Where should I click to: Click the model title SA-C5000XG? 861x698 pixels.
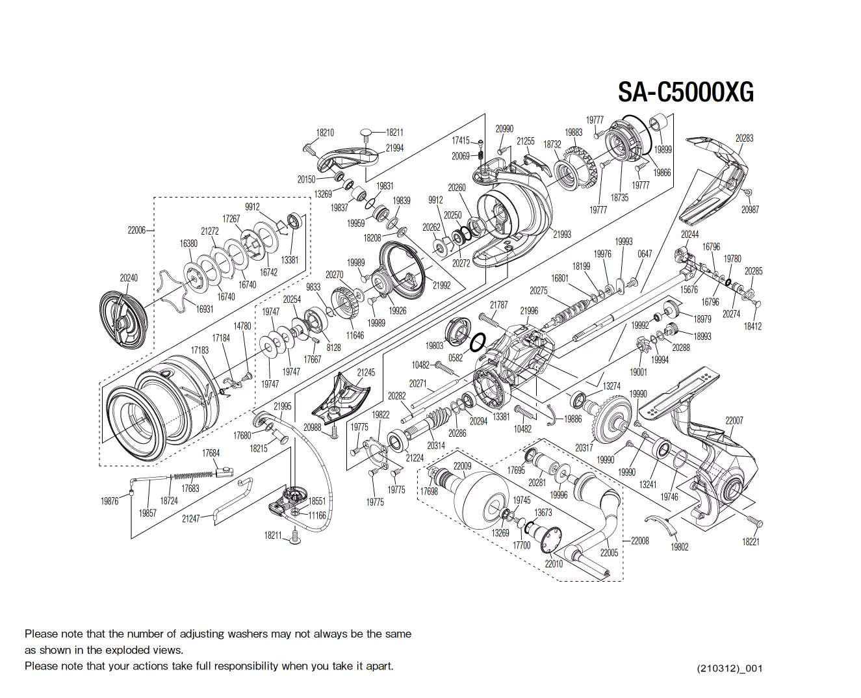pyautogui.click(x=686, y=92)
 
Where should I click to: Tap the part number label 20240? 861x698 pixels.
pyautogui.click(x=129, y=278)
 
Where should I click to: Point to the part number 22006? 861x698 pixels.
pyautogui.click(x=136, y=230)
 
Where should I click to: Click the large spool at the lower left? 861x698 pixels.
pyautogui.click(x=160, y=409)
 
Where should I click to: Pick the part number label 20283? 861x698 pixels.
pyautogui.click(x=744, y=138)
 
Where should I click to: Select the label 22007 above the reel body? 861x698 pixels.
pyautogui.click(x=734, y=420)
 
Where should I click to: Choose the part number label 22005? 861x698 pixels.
pyautogui.click(x=609, y=552)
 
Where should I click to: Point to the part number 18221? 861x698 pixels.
pyautogui.click(x=751, y=541)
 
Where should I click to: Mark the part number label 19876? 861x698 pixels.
pyautogui.click(x=109, y=501)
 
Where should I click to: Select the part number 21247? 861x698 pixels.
pyautogui.click(x=190, y=518)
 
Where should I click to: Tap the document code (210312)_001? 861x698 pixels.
pyautogui.click(x=729, y=668)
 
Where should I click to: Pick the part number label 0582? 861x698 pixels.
pyautogui.click(x=456, y=357)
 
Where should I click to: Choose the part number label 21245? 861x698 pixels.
pyautogui.click(x=366, y=372)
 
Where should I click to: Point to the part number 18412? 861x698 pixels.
pyautogui.click(x=752, y=326)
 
